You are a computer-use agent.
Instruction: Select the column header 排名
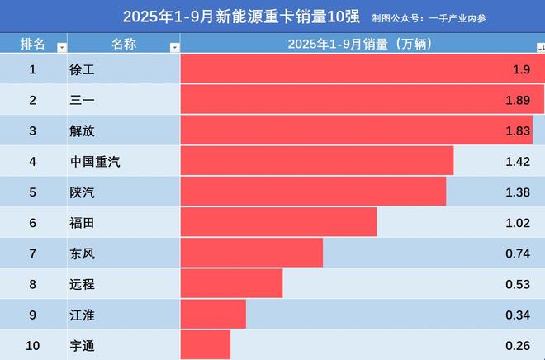pos(32,44)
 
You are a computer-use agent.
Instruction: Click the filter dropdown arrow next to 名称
pos(173,48)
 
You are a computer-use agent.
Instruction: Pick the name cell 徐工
pos(83,69)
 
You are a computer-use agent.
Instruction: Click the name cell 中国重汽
pos(96,162)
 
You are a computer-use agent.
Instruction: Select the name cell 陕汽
pos(83,192)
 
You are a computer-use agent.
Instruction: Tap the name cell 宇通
pos(83,346)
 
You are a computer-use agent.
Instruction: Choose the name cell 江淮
pos(83,315)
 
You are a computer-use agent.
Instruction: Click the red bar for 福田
pos(277,223)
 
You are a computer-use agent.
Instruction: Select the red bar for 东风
pos(251,253)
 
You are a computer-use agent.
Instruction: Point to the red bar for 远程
pos(231,284)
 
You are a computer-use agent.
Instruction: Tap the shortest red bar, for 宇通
pos(205,345)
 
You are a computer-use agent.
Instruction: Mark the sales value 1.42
pos(517,162)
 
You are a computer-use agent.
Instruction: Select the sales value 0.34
pos(517,315)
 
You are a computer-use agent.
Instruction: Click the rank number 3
pos(33,131)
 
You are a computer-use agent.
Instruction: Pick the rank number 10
pos(33,346)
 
